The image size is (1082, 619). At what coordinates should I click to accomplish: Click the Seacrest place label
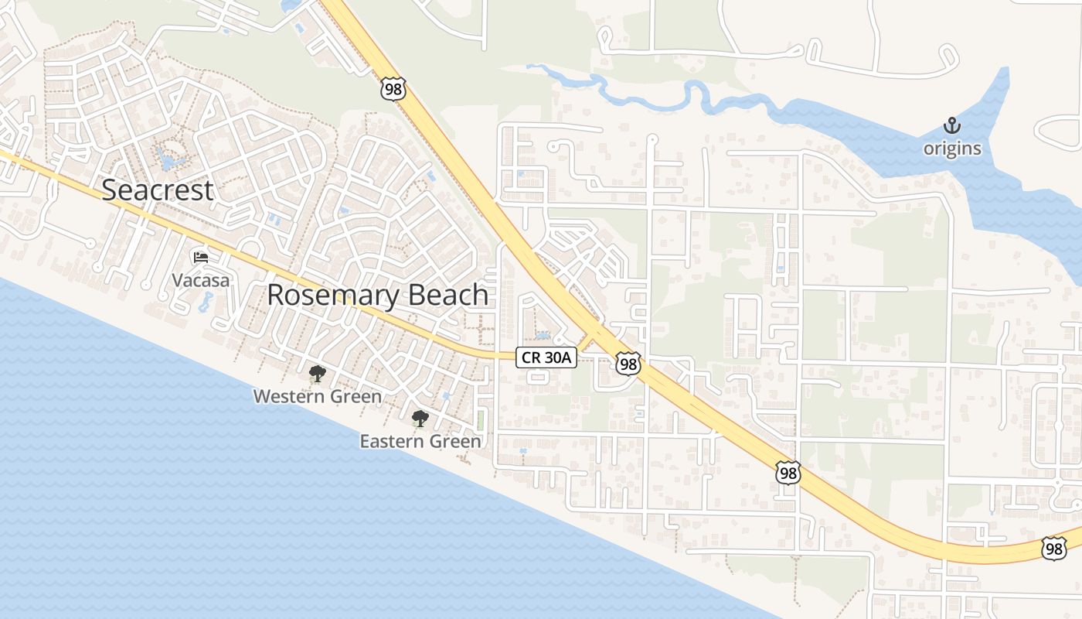click(158, 190)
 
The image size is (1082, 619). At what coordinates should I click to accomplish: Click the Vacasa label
click(201, 280)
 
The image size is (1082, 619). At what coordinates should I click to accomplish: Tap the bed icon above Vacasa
click(201, 256)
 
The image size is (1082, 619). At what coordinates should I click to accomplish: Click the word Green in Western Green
click(356, 396)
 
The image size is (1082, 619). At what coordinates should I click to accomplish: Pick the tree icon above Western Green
click(317, 374)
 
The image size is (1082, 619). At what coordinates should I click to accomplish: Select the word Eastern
click(390, 441)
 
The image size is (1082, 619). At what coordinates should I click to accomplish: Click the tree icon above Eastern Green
click(420, 419)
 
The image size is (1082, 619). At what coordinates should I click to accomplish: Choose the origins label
click(952, 149)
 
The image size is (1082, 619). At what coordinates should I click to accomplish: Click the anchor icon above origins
click(952, 125)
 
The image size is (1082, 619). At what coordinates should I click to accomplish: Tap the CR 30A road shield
click(546, 357)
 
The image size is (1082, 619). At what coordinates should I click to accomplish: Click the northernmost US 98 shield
click(393, 87)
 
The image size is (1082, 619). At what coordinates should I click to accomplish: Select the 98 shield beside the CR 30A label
click(628, 364)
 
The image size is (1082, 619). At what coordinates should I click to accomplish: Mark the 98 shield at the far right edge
click(1053, 548)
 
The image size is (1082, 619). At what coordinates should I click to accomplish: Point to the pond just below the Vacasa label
click(205, 301)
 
